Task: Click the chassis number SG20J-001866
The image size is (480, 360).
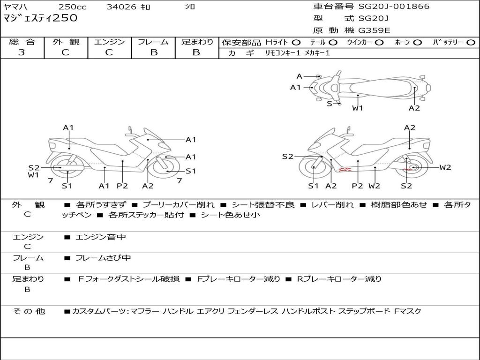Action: click(x=394, y=7)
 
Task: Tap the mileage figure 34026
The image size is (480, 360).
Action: click(x=121, y=7)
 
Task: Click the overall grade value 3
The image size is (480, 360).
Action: click(x=22, y=52)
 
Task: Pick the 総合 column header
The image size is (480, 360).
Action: click(x=22, y=42)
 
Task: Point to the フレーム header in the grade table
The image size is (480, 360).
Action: click(x=153, y=42)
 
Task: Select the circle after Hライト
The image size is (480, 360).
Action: click(x=296, y=42)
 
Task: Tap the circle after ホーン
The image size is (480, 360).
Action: click(x=418, y=42)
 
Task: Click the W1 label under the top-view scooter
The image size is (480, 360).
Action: click(x=358, y=108)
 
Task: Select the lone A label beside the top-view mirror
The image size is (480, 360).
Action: click(x=300, y=76)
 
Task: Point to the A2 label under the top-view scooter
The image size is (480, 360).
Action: click(x=414, y=108)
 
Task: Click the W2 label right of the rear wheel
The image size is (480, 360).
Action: click(x=445, y=167)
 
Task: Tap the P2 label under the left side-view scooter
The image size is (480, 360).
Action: click(x=122, y=186)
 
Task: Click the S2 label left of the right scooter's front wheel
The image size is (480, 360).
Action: click(x=287, y=157)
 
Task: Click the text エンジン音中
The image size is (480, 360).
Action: click(x=100, y=237)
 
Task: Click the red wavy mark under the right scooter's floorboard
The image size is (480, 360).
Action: click(x=345, y=170)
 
